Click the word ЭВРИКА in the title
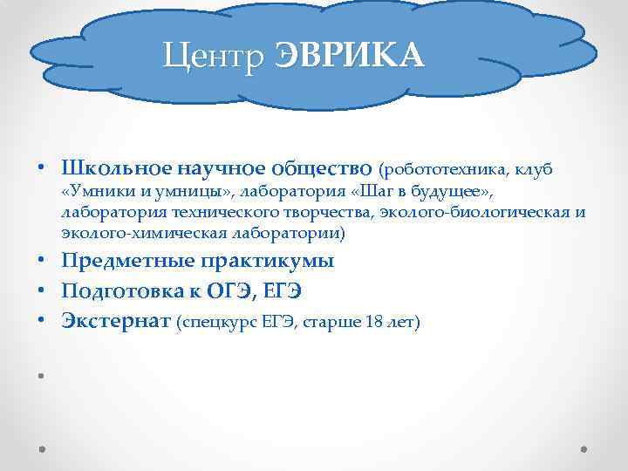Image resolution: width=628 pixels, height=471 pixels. point(350,57)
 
